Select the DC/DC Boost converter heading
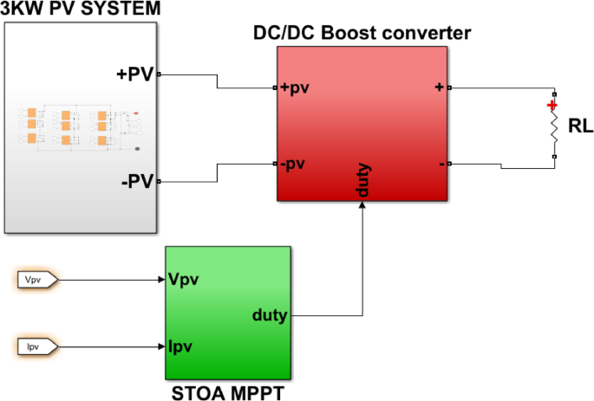[x=362, y=33]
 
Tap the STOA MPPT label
[x=227, y=391]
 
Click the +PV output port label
[x=134, y=74]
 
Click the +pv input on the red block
[x=296, y=87]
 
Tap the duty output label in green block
[x=270, y=315]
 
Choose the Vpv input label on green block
[x=186, y=280]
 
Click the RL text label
[x=580, y=126]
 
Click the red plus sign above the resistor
[x=552, y=106]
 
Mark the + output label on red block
[x=439, y=87]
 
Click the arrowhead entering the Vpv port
[x=160, y=280]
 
